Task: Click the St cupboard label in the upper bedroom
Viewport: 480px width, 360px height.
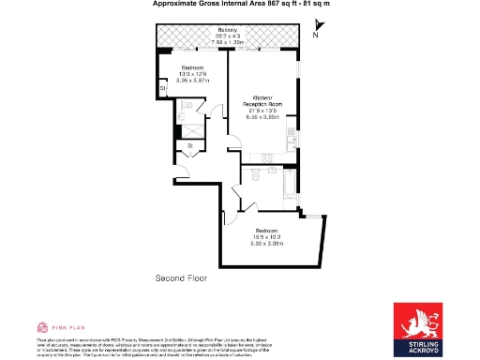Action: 162,88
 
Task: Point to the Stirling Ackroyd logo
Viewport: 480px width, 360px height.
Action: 417,328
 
